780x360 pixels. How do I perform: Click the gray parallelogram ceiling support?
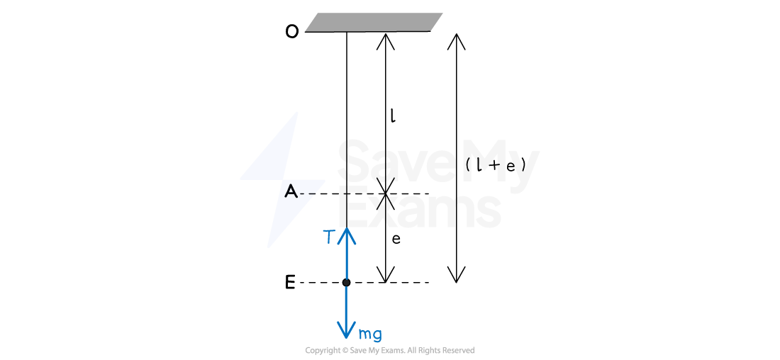point(374,22)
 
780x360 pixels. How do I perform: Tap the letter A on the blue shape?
point(291,191)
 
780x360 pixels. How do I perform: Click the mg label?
point(370,334)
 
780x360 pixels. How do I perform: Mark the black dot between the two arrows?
point(346,283)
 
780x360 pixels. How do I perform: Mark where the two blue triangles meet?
point(284,180)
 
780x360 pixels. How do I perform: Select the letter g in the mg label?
point(377,335)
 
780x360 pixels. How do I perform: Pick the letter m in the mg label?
point(365,334)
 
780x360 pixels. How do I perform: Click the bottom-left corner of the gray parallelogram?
point(306,31)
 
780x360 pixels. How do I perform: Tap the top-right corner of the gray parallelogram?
point(442,13)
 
